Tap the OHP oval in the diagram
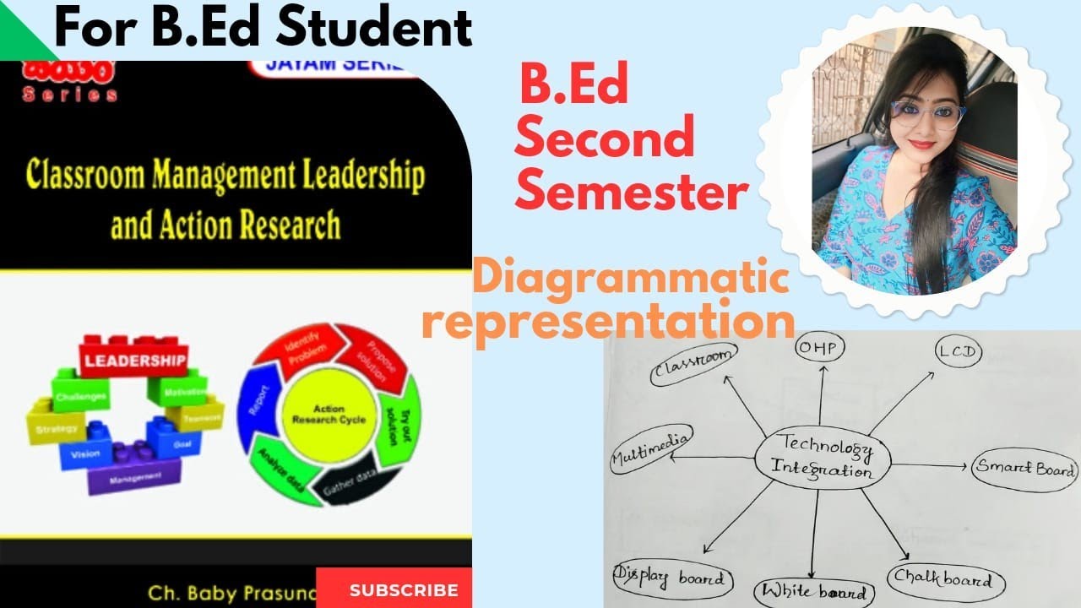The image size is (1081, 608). tap(821, 347)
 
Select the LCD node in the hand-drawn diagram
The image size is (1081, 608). tap(958, 352)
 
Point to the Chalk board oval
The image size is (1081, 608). tap(946, 581)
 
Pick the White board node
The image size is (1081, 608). tap(812, 592)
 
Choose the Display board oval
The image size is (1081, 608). tap(671, 580)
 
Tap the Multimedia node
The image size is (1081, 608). tap(651, 448)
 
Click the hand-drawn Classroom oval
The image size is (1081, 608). tap(693, 366)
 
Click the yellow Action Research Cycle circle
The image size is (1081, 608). tap(329, 414)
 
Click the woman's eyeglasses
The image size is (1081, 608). tap(926, 114)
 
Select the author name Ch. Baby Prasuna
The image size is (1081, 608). tap(228, 590)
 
